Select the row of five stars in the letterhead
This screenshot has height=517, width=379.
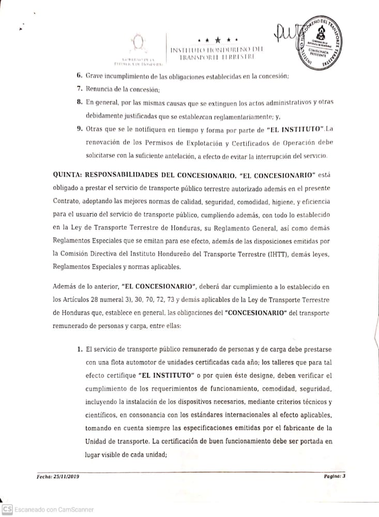217,39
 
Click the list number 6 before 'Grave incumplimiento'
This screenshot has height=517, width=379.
80,76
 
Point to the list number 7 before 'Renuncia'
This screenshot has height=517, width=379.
80,88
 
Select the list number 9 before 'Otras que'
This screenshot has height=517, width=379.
80,128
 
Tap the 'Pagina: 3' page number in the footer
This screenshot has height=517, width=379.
334,476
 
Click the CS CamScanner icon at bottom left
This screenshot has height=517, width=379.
7,509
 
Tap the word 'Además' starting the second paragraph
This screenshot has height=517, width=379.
65,287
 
